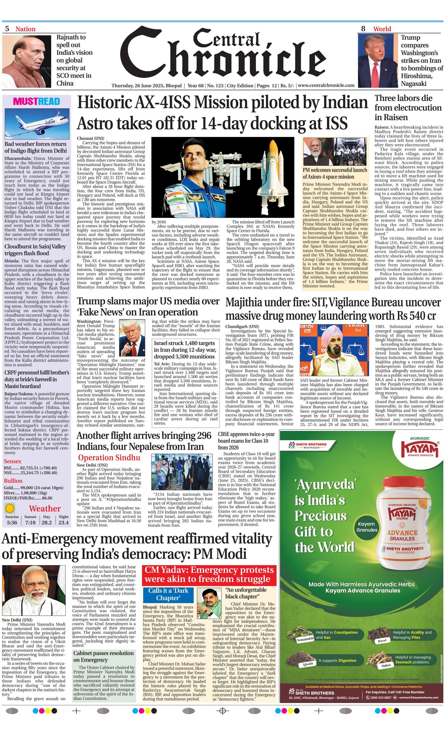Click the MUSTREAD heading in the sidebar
36,101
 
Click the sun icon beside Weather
10,507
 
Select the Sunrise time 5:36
12,522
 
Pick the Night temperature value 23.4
63,522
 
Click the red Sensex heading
13,461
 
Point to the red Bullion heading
13,481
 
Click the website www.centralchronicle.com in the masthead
326,85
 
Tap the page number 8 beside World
363,29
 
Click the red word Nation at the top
25,29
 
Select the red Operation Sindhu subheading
109,458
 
